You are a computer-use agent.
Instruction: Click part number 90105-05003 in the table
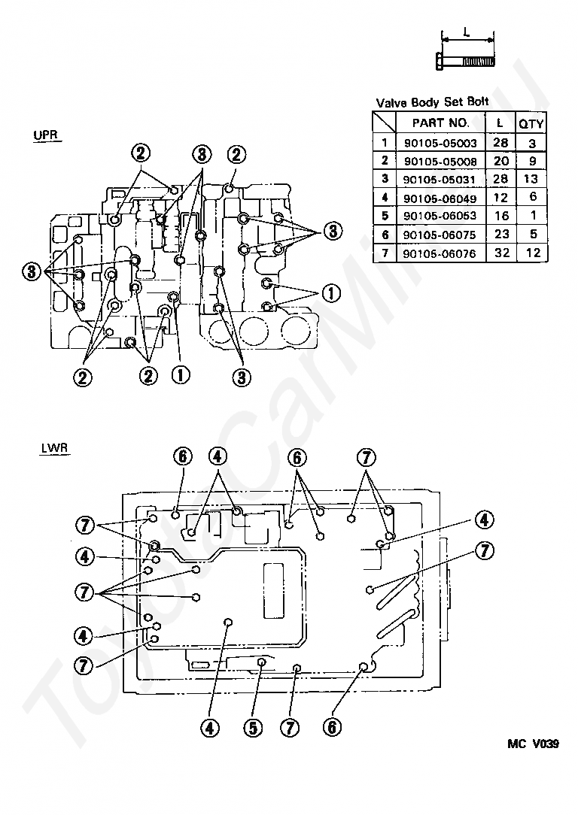(440, 143)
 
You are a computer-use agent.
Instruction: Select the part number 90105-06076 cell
(440, 253)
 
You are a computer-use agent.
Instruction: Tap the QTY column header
(531, 124)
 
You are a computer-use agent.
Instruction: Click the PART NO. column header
(440, 123)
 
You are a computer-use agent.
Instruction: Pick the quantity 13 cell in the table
(531, 179)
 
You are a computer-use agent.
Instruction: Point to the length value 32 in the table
(501, 253)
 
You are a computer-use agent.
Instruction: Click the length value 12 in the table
(500, 197)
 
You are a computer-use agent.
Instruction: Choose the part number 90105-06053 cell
(440, 217)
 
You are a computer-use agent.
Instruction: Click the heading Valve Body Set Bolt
(432, 102)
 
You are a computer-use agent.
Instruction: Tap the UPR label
(46, 135)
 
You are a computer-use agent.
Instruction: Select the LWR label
(54, 448)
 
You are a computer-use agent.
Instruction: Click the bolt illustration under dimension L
(464, 62)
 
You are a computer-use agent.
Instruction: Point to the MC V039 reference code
(534, 744)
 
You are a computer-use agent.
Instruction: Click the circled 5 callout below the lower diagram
(253, 728)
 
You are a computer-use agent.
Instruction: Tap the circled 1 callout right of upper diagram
(331, 294)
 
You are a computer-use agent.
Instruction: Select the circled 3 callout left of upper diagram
(32, 271)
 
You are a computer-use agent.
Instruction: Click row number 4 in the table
(385, 198)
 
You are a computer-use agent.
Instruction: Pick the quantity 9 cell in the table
(532, 161)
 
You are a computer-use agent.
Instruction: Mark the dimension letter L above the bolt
(467, 32)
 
